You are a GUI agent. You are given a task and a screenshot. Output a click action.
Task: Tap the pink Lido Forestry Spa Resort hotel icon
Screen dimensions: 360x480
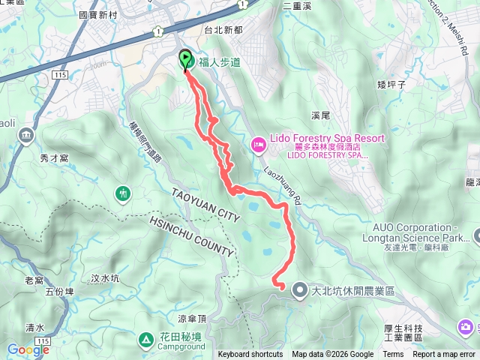pyautogui.click(x=258, y=143)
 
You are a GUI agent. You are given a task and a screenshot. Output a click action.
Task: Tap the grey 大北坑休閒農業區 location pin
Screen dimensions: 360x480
pyautogui.click(x=299, y=289)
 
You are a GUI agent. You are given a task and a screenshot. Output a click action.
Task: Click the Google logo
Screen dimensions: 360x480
pyautogui.click(x=28, y=349)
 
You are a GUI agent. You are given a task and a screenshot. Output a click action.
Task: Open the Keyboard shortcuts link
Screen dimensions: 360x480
pyautogui.click(x=250, y=355)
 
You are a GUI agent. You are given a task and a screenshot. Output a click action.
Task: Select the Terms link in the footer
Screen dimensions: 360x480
pyautogui.click(x=393, y=355)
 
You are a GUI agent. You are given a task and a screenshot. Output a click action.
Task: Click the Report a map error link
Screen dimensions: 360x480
pyautogui.click(x=444, y=355)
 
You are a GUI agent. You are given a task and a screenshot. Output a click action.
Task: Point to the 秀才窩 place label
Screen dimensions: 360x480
pyautogui.click(x=54, y=158)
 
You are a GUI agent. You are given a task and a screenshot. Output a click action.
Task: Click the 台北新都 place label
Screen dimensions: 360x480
pyautogui.click(x=223, y=30)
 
